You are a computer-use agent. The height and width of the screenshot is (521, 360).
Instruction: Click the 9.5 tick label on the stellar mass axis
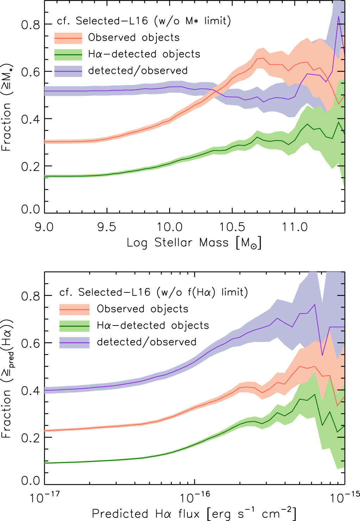106,227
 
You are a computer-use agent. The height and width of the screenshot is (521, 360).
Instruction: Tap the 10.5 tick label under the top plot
232,227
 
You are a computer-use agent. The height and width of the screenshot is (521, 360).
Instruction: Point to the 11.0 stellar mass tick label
294,227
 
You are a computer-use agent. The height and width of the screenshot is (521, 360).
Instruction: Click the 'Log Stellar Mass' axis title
194,243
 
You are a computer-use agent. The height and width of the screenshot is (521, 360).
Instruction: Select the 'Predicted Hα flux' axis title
194,514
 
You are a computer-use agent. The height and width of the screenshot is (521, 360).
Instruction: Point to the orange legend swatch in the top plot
68,38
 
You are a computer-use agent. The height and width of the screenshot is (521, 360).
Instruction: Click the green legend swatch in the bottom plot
74,326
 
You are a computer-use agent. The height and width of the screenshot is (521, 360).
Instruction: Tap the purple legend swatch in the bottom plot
74,342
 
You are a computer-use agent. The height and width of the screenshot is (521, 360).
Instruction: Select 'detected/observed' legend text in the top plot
138,71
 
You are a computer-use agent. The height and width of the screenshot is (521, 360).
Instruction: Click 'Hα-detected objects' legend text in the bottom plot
153,325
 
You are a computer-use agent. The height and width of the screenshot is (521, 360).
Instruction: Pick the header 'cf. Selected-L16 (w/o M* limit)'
144,21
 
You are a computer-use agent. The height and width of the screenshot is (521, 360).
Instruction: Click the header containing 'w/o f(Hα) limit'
154,292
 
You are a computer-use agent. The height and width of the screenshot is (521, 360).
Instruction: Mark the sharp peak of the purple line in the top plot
339,16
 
